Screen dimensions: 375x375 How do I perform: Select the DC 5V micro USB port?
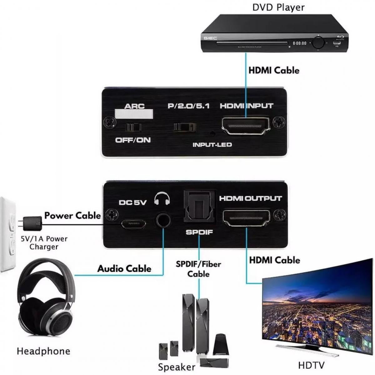coord(133,224)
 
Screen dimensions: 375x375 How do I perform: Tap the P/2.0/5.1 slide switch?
coord(185,127)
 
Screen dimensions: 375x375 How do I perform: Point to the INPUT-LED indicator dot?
coord(213,134)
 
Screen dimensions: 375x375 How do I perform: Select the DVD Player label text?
coord(278,7)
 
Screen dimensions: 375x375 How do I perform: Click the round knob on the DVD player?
coord(318,42)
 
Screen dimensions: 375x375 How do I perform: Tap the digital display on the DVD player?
coord(299,43)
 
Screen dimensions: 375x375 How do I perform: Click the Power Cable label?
coord(72,215)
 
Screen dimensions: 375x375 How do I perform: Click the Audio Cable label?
coord(124,269)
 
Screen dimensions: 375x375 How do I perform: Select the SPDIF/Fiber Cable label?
coord(198,269)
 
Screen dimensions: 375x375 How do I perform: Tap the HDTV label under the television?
coord(311,365)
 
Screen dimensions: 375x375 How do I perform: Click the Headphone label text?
coord(43,351)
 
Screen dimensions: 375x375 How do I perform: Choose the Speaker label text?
coord(177,367)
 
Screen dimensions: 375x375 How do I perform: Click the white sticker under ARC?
coord(134,114)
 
